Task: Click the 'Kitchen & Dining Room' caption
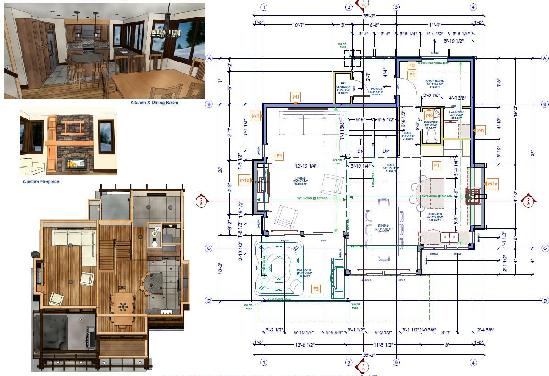[154, 103]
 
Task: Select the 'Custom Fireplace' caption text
[41, 182]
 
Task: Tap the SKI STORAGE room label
[343, 87]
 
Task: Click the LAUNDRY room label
[456, 112]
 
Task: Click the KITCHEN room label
[435, 214]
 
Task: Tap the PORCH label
[376, 89]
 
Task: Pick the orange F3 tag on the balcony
[316, 289]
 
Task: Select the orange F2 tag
[411, 65]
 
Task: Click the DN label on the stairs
[361, 151]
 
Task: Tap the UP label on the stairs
[386, 151]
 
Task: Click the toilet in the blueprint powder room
[430, 137]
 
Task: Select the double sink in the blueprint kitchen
[449, 237]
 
